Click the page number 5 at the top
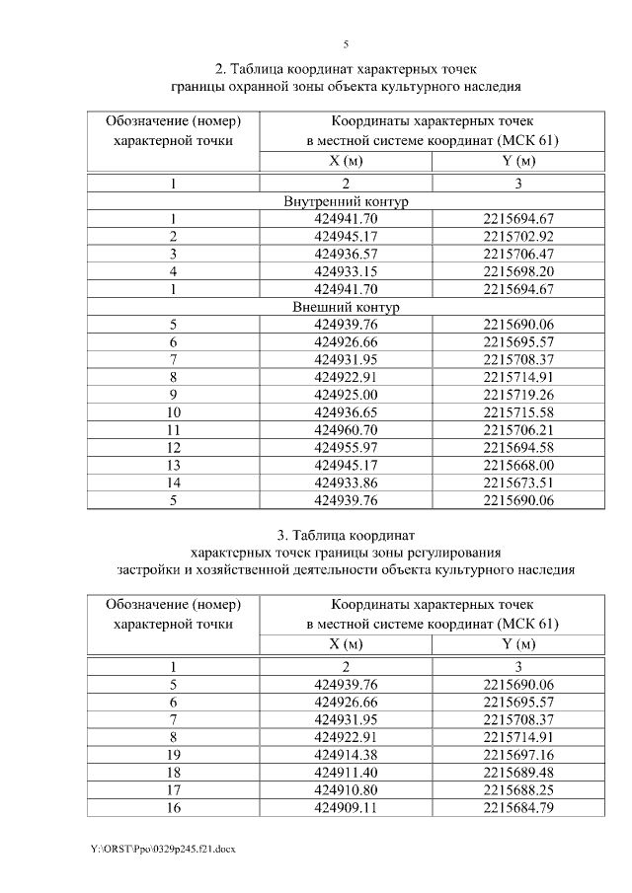click(346, 44)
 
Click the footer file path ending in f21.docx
click(163, 849)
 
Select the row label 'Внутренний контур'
click(346, 201)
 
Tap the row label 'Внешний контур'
click(346, 307)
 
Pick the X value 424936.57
click(346, 254)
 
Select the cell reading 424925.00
click(346, 395)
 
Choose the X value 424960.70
click(346, 430)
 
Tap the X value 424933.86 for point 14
click(346, 483)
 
